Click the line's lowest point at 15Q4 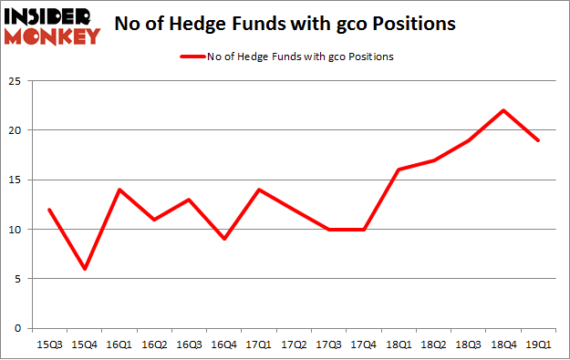(x=84, y=269)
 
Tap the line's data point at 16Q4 (x=225, y=239)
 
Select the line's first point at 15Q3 (x=48, y=210)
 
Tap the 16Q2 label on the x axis (x=154, y=345)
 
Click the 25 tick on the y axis (x=16, y=81)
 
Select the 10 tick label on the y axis (x=16, y=230)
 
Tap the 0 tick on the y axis (x=19, y=328)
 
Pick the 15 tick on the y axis (x=16, y=180)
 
